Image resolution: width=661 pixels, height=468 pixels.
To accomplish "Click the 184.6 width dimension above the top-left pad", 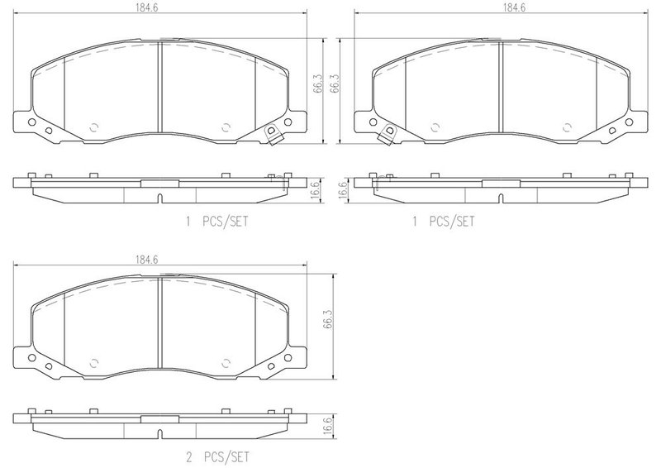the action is [147, 8].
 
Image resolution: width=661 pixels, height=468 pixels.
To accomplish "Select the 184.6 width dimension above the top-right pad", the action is [514, 8].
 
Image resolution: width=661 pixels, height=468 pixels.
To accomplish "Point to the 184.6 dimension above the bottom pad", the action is [147, 260].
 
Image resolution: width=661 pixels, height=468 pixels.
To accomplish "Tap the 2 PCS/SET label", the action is [217, 457].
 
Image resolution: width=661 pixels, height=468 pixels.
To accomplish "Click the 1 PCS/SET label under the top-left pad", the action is [217, 222].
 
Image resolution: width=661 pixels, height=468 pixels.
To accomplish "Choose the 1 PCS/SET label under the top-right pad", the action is [443, 222].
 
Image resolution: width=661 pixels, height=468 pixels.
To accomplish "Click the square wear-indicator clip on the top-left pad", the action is [272, 135].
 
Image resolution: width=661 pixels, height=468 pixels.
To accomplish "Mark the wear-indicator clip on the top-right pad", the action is [387, 135].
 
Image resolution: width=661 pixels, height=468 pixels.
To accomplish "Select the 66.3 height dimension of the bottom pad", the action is [328, 319].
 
